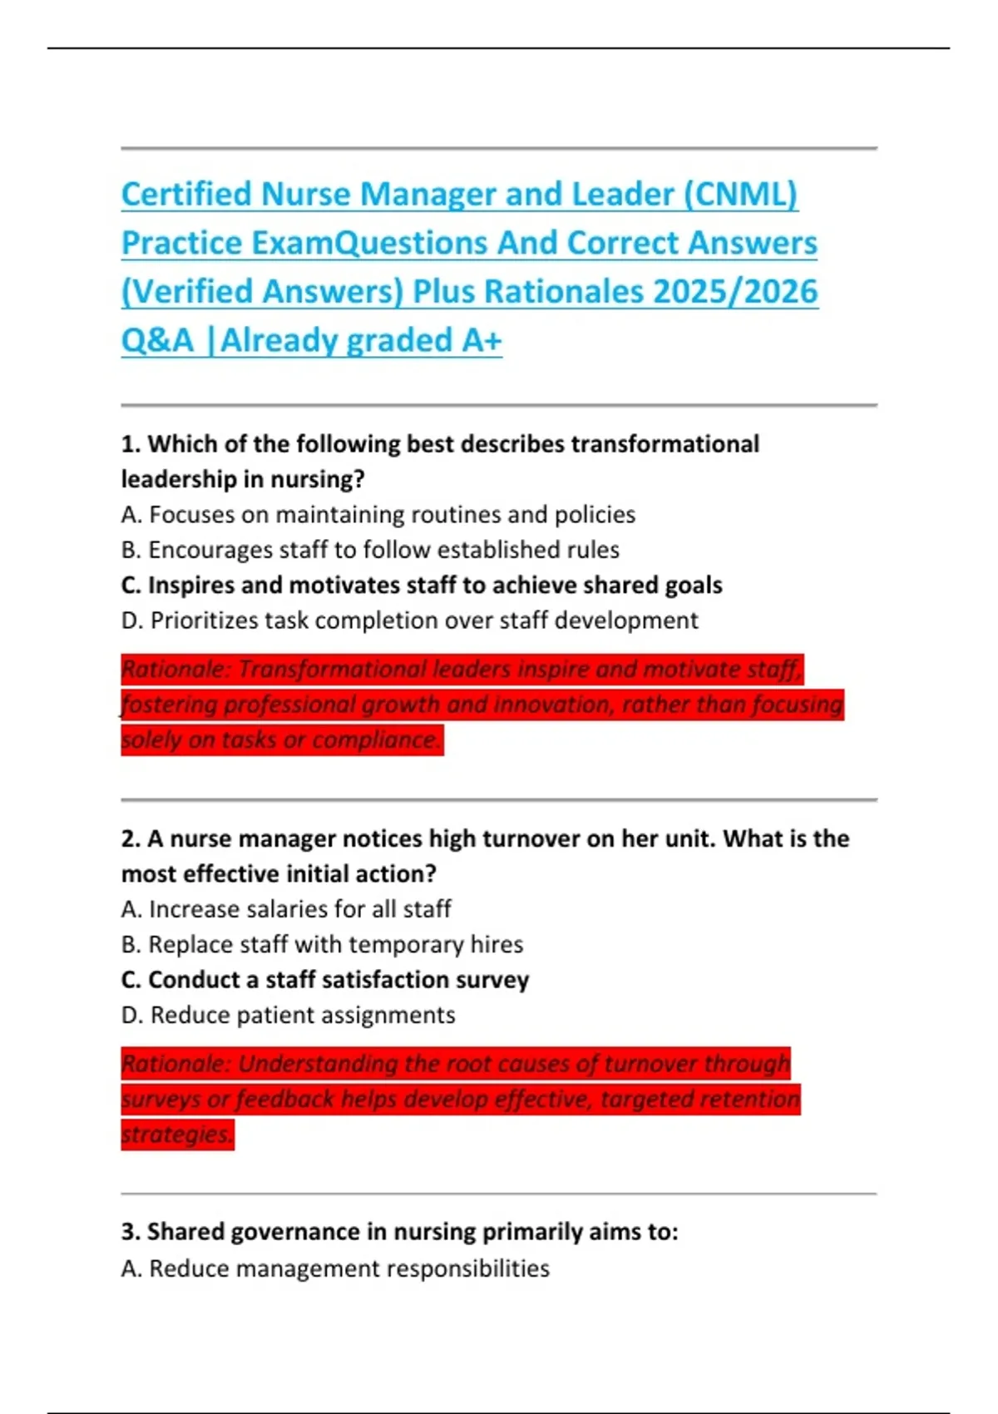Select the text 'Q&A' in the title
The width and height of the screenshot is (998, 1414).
[x=157, y=340]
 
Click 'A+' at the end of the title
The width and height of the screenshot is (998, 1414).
[x=481, y=340]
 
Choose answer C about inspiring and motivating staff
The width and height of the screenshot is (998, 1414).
[x=421, y=586]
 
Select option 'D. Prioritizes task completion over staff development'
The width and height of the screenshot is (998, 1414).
[x=409, y=620]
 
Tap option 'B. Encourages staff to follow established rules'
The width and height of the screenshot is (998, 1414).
[x=370, y=550]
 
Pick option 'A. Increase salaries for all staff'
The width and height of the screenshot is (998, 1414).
[x=286, y=909]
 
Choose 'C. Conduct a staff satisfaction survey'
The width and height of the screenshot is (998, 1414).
[x=324, y=980]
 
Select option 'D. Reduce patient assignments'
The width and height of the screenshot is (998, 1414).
[x=288, y=1015]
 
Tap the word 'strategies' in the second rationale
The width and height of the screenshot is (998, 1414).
[x=175, y=1134]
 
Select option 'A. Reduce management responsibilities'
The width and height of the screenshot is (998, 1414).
[x=335, y=1268]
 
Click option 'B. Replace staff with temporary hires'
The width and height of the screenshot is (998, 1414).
[x=322, y=945]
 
